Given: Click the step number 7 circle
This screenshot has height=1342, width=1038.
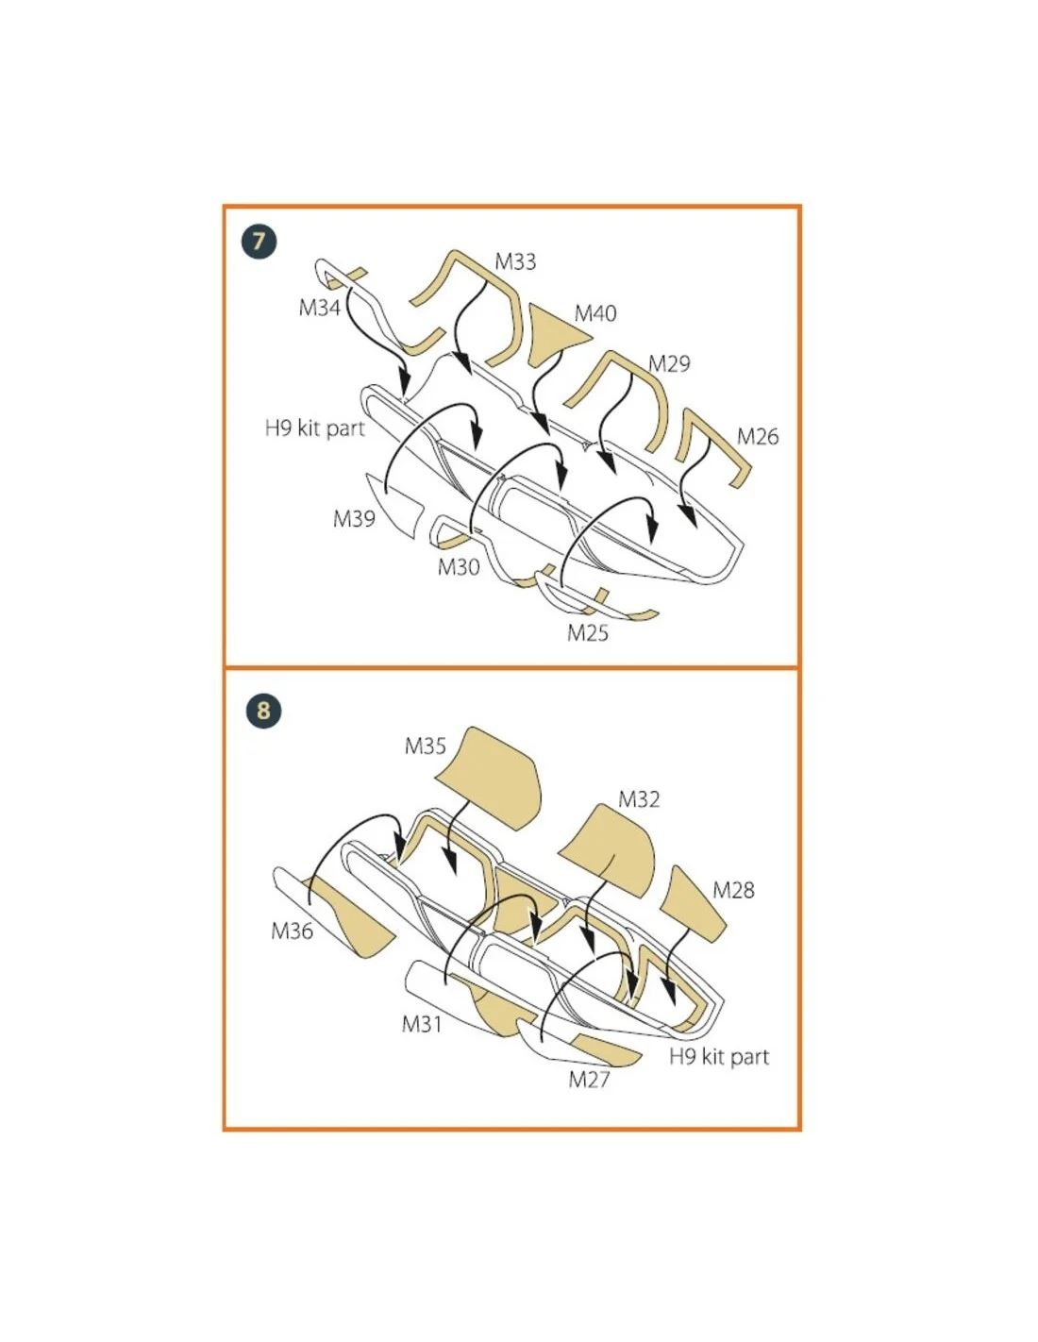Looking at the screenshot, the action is point(259,241).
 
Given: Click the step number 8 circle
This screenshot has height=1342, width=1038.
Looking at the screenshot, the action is point(263,711).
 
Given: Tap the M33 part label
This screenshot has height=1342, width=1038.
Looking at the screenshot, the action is point(515,261).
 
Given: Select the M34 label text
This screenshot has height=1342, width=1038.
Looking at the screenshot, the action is point(319,307).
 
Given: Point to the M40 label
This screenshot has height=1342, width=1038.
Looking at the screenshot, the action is point(595,313).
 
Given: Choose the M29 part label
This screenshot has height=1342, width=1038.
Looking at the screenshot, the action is point(669,363).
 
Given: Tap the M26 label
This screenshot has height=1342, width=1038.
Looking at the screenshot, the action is point(758,437).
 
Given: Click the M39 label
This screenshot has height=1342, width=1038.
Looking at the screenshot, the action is point(354,519).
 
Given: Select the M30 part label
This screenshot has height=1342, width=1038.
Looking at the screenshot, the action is point(459,566).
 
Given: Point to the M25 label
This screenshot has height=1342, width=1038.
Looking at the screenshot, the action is point(588,633).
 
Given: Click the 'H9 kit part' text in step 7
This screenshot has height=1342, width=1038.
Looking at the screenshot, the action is point(315,428).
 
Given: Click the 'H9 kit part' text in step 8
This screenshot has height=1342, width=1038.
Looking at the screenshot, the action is point(719,1057).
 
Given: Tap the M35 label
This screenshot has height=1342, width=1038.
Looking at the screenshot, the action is point(425,746).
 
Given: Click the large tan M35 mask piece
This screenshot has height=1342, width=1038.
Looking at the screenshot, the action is point(494,779).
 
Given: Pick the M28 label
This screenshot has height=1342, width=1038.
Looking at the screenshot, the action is point(733,890).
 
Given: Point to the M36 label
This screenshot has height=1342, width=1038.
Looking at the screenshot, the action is point(293,931).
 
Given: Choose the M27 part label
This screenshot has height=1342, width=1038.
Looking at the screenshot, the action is point(589,1079).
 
